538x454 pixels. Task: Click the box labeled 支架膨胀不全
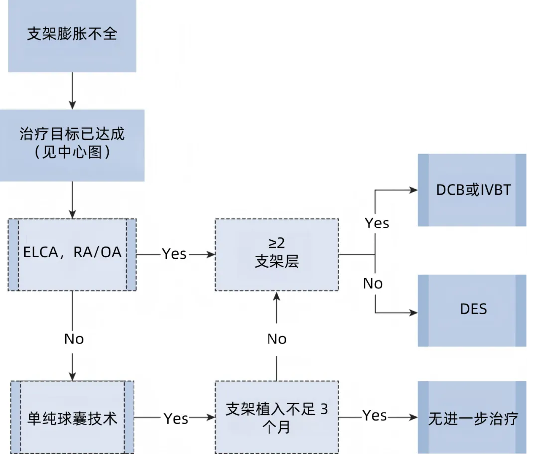(72, 35)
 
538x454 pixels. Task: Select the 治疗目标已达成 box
(72, 144)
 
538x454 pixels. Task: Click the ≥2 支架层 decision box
(276, 254)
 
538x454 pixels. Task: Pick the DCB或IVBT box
(473, 190)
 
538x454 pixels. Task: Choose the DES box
(473, 310)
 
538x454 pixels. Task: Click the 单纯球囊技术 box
(72, 418)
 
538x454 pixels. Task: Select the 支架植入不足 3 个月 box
(276, 417)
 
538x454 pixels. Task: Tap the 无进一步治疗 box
(473, 418)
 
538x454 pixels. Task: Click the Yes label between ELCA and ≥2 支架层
(174, 254)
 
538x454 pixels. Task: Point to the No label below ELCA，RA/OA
(74, 339)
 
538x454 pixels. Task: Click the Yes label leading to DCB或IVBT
(377, 223)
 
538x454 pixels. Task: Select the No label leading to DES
(373, 283)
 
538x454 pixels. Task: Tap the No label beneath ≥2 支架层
(277, 339)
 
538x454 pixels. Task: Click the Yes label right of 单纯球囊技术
(176, 419)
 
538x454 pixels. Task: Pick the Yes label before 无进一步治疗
(375, 415)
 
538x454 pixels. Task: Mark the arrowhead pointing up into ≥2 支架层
(277, 297)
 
